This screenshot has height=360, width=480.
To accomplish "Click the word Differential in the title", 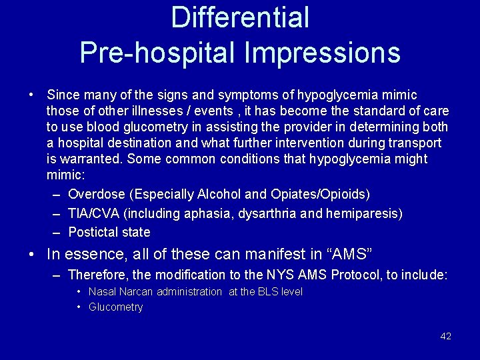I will (x=240, y=18).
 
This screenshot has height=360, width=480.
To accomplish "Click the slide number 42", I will (x=446, y=336).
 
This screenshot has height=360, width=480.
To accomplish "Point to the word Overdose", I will (x=97, y=195).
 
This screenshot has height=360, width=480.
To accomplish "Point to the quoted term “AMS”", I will (x=347, y=255).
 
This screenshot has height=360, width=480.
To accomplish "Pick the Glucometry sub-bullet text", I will (x=115, y=307).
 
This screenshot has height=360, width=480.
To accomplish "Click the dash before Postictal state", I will (x=57, y=233).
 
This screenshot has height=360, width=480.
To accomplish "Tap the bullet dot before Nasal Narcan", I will (x=79, y=292).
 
